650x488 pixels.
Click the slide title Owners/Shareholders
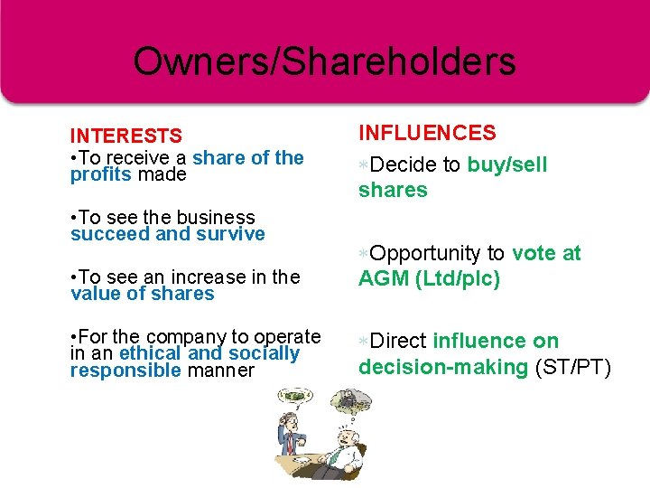coord(324,61)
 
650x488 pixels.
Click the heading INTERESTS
coord(126,136)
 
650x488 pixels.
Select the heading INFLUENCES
coord(427,134)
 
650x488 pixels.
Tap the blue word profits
coord(101,174)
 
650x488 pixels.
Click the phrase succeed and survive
coord(168,234)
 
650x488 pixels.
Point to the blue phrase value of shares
coord(143,294)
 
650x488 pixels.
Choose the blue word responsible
coord(125,371)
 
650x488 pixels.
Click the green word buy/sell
coord(507,164)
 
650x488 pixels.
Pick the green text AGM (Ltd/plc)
coord(429,279)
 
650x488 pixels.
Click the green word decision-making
coord(442,367)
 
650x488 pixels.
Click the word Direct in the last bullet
coord(398,341)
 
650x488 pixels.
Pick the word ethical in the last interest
coord(151,353)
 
